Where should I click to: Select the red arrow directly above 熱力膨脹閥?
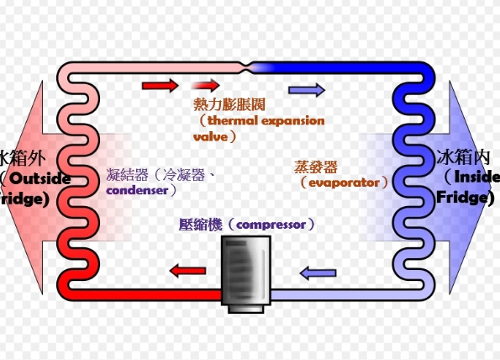pos(205,85)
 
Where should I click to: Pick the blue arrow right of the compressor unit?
pos(318,273)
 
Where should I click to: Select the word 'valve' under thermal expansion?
pos(210,135)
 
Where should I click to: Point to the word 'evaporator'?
pos(345,182)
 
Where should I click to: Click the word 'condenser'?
pos(139,190)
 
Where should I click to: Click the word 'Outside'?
pos(42,179)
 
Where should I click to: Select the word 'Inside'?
pos(476,177)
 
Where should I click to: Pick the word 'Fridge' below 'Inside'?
pos(463,198)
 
